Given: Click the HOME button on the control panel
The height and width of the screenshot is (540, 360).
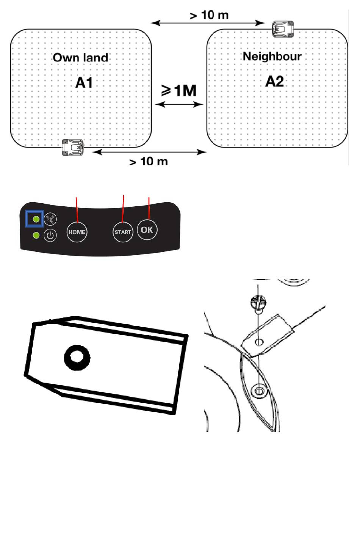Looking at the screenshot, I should pyautogui.click(x=77, y=232).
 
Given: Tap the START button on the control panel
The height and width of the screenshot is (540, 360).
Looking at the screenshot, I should pyautogui.click(x=123, y=232).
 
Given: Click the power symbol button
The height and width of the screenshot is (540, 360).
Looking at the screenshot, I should pyautogui.click(x=50, y=235).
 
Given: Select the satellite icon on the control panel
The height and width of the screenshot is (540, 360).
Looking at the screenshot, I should pyautogui.click(x=50, y=219).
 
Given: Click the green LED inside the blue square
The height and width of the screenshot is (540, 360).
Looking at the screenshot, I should pyautogui.click(x=36, y=219).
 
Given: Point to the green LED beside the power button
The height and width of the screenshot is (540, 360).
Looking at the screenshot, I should pyautogui.click(x=36, y=235).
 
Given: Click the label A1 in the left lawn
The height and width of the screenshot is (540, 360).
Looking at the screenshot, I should pyautogui.click(x=84, y=82).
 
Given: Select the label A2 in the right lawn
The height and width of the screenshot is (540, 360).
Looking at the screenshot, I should pyautogui.click(x=274, y=82).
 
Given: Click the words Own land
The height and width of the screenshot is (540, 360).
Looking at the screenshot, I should pyautogui.click(x=80, y=58).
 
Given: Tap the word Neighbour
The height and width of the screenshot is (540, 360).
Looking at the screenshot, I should pyautogui.click(x=272, y=57).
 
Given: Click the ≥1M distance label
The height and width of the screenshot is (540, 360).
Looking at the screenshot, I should pyautogui.click(x=179, y=91).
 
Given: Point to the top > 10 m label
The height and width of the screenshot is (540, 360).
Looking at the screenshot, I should pyautogui.click(x=209, y=15).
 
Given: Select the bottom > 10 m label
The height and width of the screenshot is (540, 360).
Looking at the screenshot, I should pyautogui.click(x=149, y=162).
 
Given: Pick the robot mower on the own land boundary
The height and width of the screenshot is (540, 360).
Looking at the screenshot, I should pyautogui.click(x=73, y=147).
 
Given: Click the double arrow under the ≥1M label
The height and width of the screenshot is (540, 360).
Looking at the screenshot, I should pyautogui.click(x=179, y=104).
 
